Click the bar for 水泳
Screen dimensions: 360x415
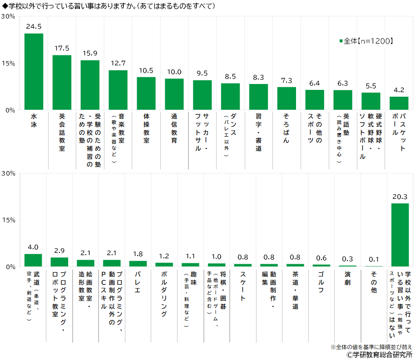(34, 72)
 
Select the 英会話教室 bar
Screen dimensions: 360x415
(62, 83)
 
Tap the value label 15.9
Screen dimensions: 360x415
(90, 53)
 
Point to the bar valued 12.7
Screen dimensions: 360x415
(118, 90)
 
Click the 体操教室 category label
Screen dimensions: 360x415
(146, 128)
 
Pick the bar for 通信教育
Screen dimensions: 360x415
(174, 94)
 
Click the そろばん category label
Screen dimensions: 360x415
(287, 128)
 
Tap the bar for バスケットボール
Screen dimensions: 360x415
(399, 104)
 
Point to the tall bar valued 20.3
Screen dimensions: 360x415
(400, 235)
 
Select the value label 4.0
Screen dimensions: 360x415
(33, 247)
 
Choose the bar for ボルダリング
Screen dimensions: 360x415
(164, 264)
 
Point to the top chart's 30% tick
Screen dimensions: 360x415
(9, 16)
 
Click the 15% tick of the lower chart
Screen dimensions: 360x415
(9, 220)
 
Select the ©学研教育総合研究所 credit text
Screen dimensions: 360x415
(379, 355)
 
